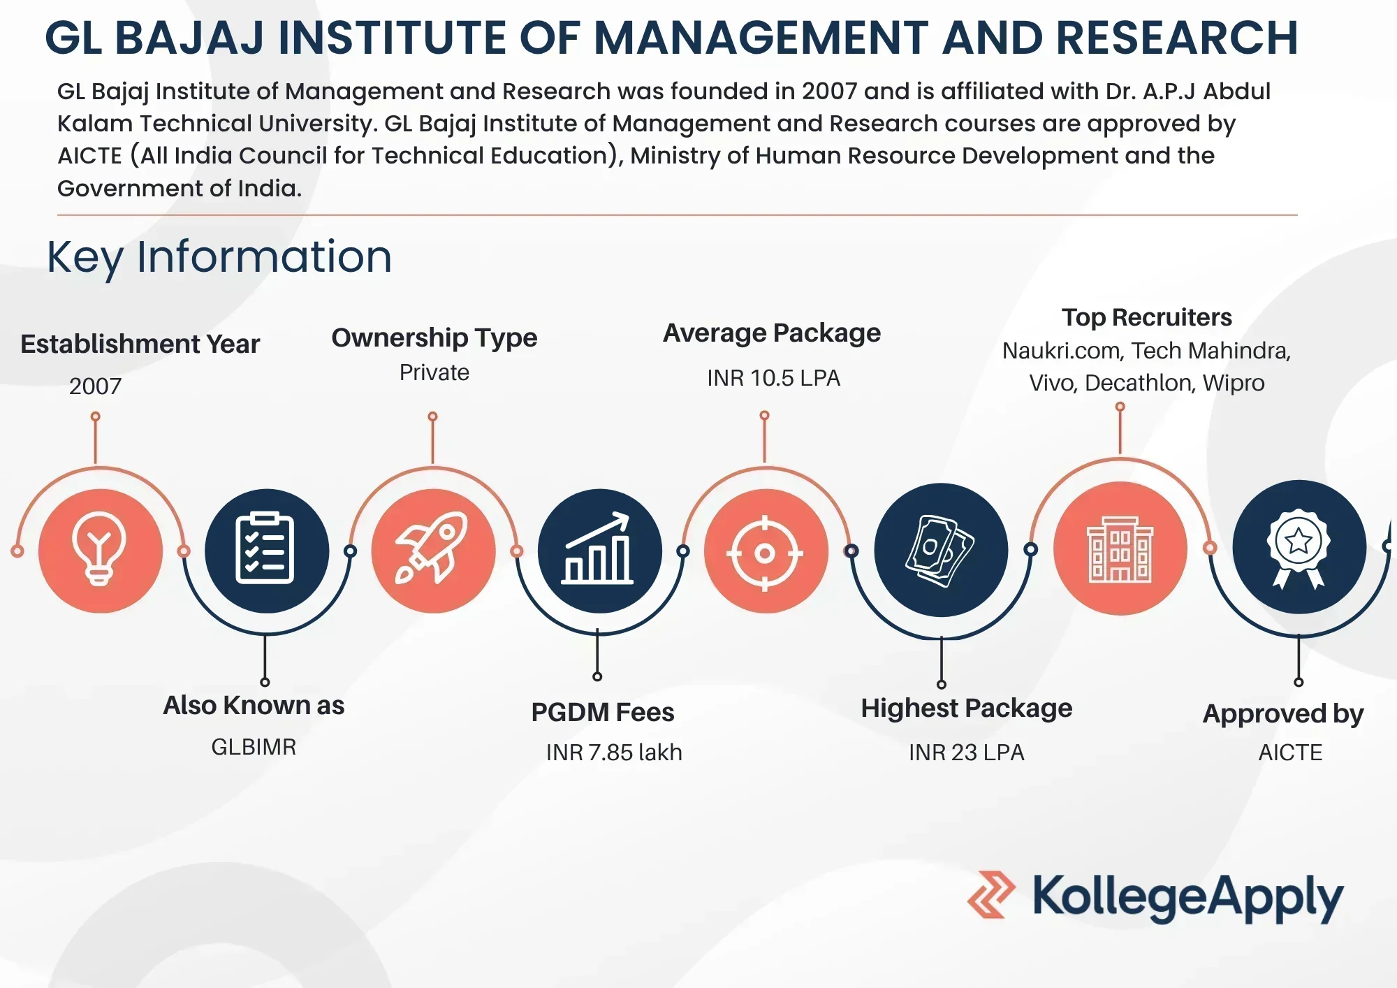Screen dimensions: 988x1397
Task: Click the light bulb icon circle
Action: pos(100,551)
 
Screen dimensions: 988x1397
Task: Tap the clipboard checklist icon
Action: pos(266,551)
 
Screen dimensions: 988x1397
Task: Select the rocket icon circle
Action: pos(433,551)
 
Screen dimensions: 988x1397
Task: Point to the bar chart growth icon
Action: pos(599,551)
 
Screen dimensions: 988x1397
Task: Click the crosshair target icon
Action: pos(766,552)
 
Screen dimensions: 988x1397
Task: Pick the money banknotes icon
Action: pos(941,550)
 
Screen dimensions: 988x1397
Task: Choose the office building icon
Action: pos(1120,549)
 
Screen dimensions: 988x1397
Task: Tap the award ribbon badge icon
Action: pos(1299,547)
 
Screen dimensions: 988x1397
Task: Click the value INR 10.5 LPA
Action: pos(773,378)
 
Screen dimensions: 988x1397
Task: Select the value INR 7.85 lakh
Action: pos(614,753)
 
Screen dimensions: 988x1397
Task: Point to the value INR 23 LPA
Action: pos(966,753)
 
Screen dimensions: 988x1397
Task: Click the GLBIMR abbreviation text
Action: pos(254,747)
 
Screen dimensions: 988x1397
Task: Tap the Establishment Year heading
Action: pos(140,344)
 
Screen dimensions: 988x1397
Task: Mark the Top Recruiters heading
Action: pos(1147,317)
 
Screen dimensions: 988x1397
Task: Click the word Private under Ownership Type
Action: pos(434,372)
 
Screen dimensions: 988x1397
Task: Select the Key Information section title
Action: pos(219,256)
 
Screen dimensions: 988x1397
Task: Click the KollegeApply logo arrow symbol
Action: pos(991,894)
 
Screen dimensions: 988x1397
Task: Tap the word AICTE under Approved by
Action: pos(1290,753)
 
